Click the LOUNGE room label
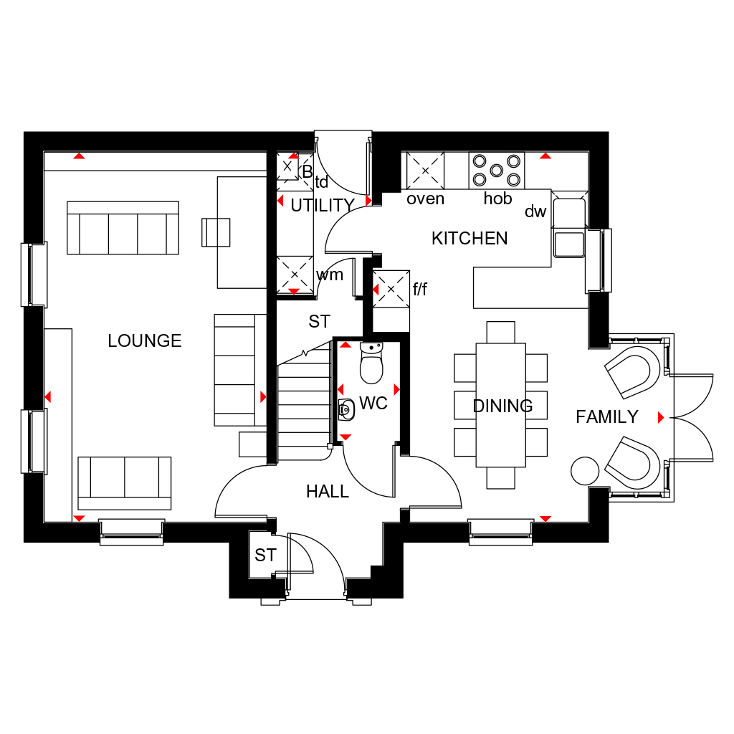(x=145, y=340)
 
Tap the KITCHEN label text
(x=470, y=239)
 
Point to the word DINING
(x=502, y=406)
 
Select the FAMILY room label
(x=607, y=416)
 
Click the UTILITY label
(x=323, y=206)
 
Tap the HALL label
(x=328, y=492)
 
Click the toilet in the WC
(x=372, y=363)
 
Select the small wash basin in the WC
(x=346, y=409)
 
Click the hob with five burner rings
(x=497, y=171)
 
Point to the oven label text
(x=425, y=199)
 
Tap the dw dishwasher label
(x=535, y=211)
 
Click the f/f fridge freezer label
(x=420, y=290)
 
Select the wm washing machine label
(x=330, y=275)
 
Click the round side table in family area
(x=585, y=471)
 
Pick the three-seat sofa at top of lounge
(x=123, y=228)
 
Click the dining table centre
(x=501, y=405)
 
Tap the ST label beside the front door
(x=265, y=556)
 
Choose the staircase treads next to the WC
(x=304, y=405)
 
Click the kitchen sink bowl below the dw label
(x=569, y=244)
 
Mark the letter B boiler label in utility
(x=307, y=172)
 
